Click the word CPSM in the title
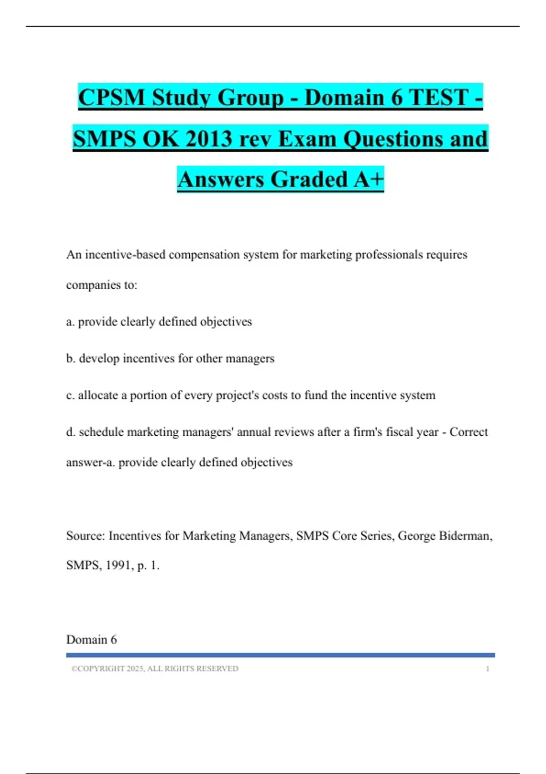(x=111, y=97)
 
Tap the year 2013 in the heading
(x=209, y=138)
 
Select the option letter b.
(x=70, y=359)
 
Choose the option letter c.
(x=70, y=396)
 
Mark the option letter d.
(x=70, y=432)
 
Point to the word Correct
(x=468, y=432)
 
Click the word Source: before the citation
(x=86, y=536)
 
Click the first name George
(x=416, y=536)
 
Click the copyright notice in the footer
(x=155, y=669)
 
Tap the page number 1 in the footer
(x=487, y=669)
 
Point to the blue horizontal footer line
(x=280, y=655)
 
